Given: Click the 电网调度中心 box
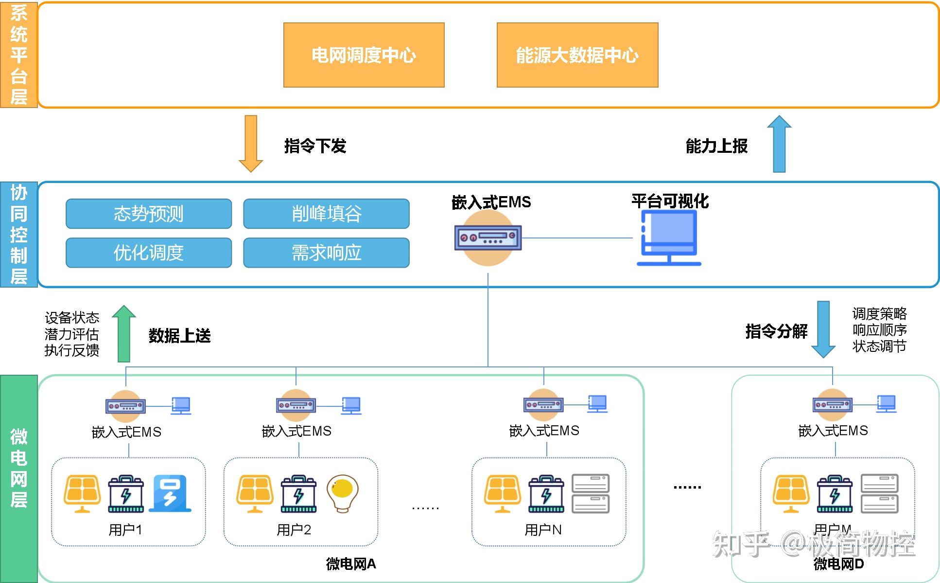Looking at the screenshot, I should [x=364, y=55].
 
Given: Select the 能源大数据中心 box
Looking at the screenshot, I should [x=577, y=55].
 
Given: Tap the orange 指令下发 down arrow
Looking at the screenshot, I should [x=251, y=144].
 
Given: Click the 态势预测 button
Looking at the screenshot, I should [x=149, y=214].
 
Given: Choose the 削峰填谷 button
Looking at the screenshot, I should [x=326, y=214].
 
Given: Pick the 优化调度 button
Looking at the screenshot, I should [x=149, y=253].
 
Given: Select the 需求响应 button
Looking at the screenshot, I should [x=326, y=253].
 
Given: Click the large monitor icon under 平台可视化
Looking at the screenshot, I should [x=669, y=237].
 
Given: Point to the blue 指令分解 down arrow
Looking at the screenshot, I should [x=823, y=329].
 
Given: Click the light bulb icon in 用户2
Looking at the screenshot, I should [x=343, y=493].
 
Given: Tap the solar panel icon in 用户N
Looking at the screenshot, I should [x=503, y=493].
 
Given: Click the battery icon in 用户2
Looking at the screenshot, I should [x=298, y=493].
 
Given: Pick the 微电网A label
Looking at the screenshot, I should [x=350, y=564].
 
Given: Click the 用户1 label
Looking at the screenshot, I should [x=125, y=529].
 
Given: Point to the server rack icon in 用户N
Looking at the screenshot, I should [x=591, y=493].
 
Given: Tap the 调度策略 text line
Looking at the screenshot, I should [x=879, y=313].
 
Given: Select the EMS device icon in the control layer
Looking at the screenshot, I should [x=488, y=238].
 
